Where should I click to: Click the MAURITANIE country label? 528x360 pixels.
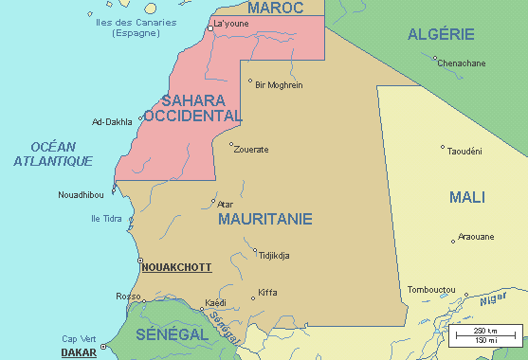point(264,219)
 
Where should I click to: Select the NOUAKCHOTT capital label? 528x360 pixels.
point(176,268)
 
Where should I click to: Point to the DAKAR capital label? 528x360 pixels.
point(80,352)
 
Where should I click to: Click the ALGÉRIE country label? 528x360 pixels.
point(441,34)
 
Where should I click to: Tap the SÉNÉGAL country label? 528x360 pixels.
point(172,335)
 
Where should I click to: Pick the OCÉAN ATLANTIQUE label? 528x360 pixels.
point(53,153)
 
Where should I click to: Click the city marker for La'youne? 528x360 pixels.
point(210,28)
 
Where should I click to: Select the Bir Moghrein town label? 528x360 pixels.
point(279,84)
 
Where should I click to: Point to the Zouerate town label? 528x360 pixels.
point(251,150)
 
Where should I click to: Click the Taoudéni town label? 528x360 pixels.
point(464,151)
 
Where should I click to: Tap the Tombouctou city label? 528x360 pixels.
point(431,289)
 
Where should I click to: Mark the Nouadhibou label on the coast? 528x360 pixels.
point(82,194)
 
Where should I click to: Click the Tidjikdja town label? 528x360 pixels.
point(274,255)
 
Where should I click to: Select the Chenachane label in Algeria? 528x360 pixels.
point(461,63)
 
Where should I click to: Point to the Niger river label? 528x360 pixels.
point(493,300)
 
